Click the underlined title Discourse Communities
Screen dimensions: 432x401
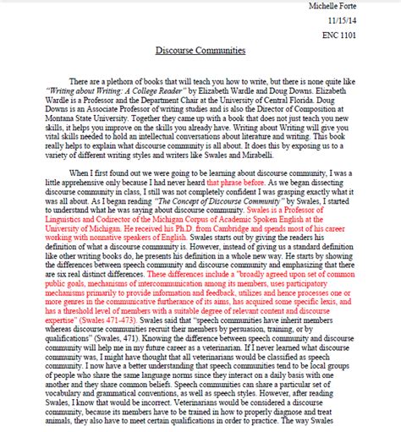pyautogui.click(x=200, y=51)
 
